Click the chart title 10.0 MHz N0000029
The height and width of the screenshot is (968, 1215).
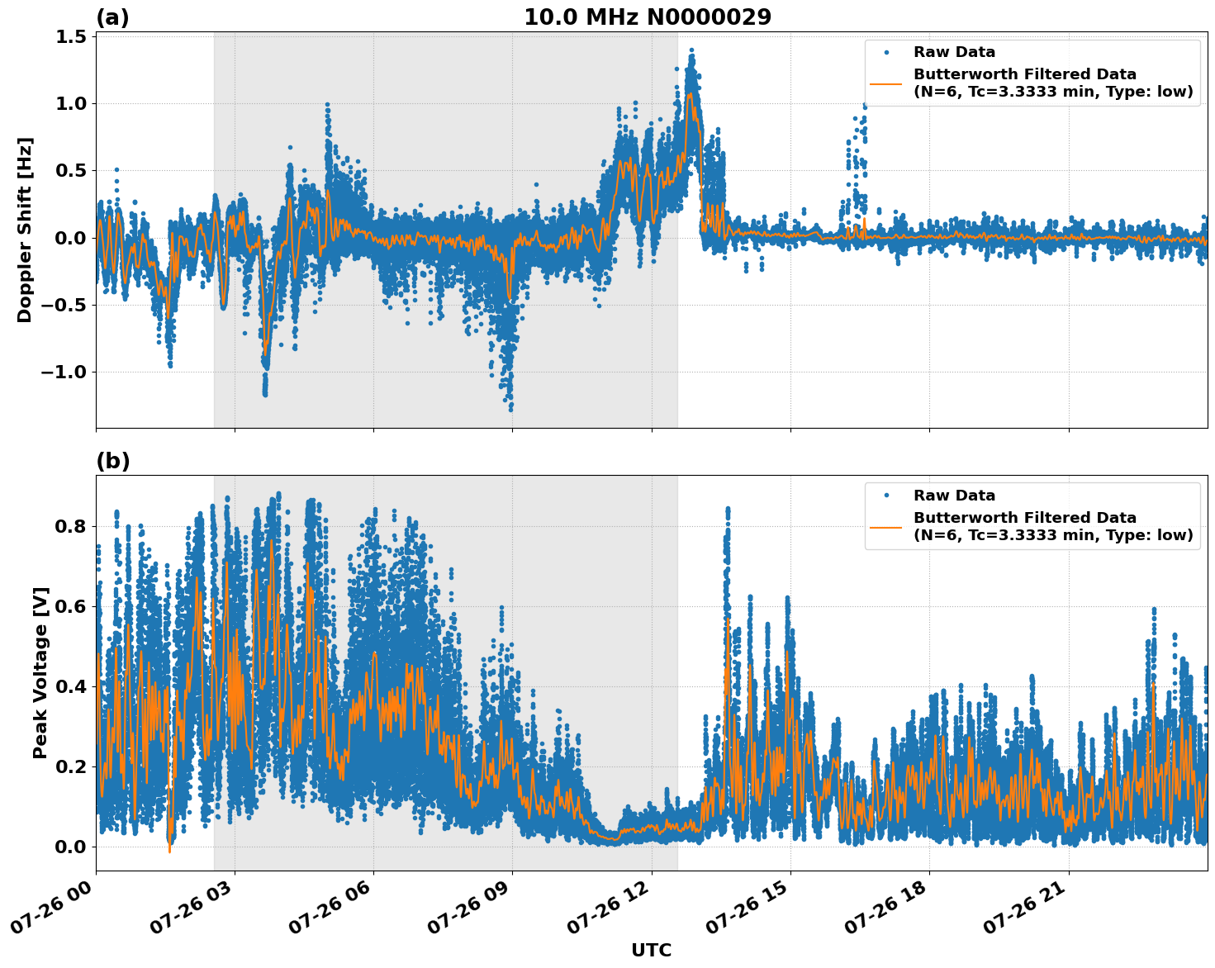pos(647,17)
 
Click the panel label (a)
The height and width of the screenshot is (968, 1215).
pos(112,17)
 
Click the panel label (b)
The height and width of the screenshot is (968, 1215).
pos(112,461)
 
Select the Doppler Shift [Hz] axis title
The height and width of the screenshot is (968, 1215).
pos(25,230)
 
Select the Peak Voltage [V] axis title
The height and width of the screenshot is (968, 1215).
pos(40,672)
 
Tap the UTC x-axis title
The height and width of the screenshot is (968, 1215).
pos(651,950)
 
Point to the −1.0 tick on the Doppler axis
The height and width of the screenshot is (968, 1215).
pos(63,372)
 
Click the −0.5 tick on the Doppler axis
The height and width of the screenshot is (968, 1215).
pos(63,305)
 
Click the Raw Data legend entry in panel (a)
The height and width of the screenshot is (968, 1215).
pos(954,52)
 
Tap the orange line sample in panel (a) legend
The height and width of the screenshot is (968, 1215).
pos(885,83)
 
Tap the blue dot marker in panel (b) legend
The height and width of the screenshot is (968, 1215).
pos(885,496)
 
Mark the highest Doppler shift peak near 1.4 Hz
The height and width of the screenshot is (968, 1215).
pos(691,50)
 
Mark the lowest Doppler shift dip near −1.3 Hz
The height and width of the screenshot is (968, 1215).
pos(510,409)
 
